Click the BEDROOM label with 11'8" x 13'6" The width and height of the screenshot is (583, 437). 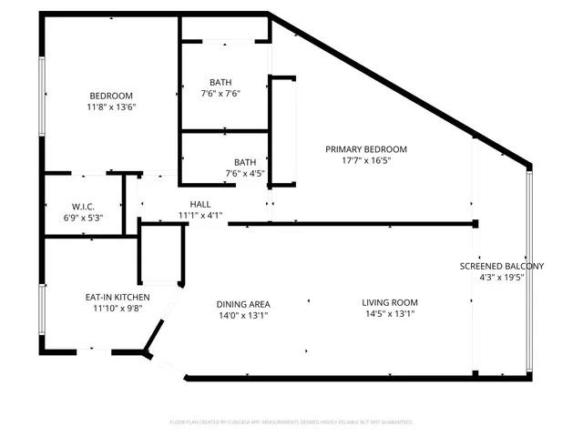point(111,97)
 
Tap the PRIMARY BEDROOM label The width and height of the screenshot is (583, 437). point(368,149)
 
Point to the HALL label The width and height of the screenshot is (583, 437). point(200,204)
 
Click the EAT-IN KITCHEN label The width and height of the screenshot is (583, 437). point(118,297)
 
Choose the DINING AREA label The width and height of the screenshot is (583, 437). point(242,304)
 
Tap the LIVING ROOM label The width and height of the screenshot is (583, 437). point(389,303)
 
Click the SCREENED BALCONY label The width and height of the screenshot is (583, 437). point(501,266)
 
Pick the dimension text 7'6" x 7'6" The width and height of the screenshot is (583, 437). point(220,93)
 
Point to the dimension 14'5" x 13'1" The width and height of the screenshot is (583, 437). point(389,315)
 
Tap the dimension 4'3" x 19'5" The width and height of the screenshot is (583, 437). point(501,278)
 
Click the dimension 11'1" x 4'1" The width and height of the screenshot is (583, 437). point(200,216)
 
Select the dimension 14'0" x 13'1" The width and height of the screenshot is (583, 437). point(242,316)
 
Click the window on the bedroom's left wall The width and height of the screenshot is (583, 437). point(41,97)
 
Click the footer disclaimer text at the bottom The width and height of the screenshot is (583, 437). point(291,422)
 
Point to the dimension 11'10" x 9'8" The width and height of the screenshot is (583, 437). point(118,309)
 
